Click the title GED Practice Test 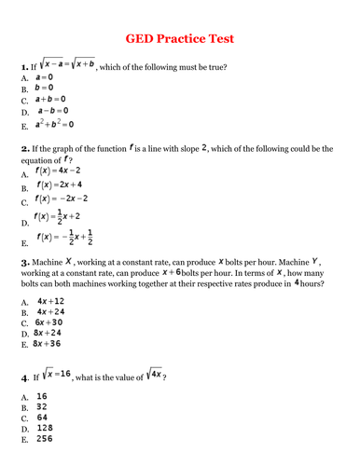click(x=180, y=38)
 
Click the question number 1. click(x=23, y=68)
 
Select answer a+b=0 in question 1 click(x=50, y=98)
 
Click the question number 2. click(x=23, y=148)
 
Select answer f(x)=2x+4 click(x=59, y=185)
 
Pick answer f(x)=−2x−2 click(x=61, y=199)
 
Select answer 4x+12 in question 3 click(x=50, y=301)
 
